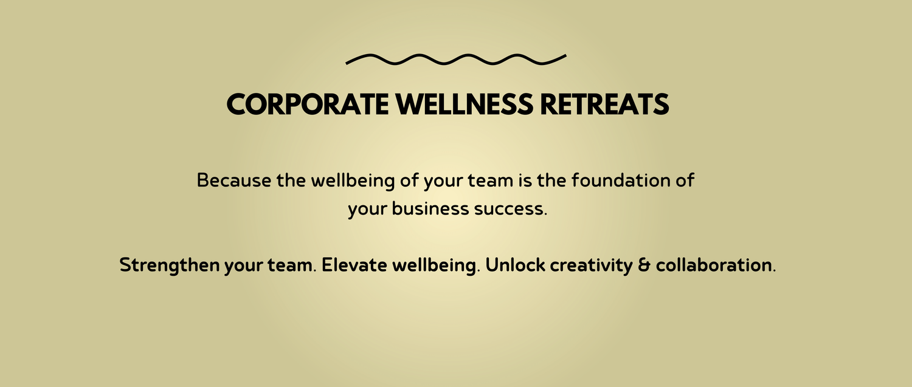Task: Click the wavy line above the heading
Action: pyautogui.click(x=456, y=60)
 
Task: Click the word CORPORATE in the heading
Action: pyautogui.click(x=308, y=104)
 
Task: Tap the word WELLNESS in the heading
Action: pyautogui.click(x=465, y=104)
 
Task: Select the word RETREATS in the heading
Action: pyautogui.click(x=604, y=104)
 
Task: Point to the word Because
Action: pyautogui.click(x=233, y=180)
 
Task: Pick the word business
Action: pyautogui.click(x=430, y=209)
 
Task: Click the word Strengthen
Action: pyautogui.click(x=170, y=265)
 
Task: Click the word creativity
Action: pyautogui.click(x=592, y=265)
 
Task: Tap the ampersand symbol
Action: pyautogui.click(x=644, y=265)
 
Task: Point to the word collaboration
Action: pyautogui.click(x=714, y=265)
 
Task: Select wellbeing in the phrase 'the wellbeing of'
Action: pyautogui.click(x=353, y=181)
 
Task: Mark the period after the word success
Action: pyautogui.click(x=545, y=214)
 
